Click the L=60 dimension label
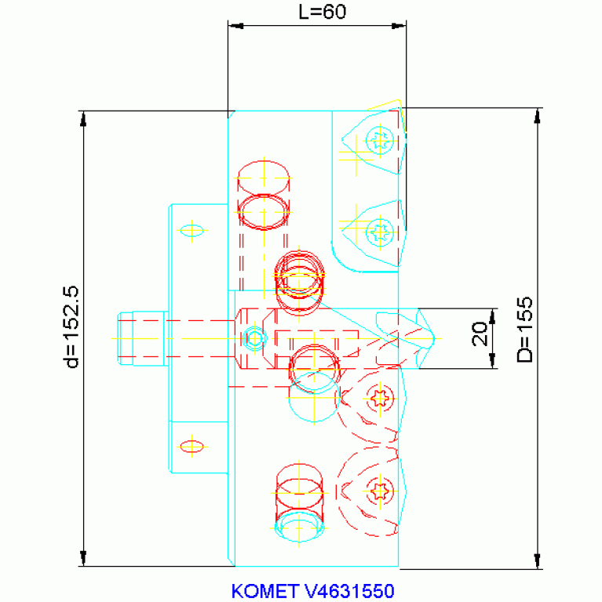coord(322,12)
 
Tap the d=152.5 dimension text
coord(71,327)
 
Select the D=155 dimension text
coord(525,330)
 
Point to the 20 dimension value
coord(480,334)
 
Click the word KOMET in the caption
coord(265,591)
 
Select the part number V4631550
coord(349,591)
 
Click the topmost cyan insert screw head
coord(380,140)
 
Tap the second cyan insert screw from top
coord(380,232)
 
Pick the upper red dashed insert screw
coord(380,399)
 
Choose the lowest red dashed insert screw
coord(380,491)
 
